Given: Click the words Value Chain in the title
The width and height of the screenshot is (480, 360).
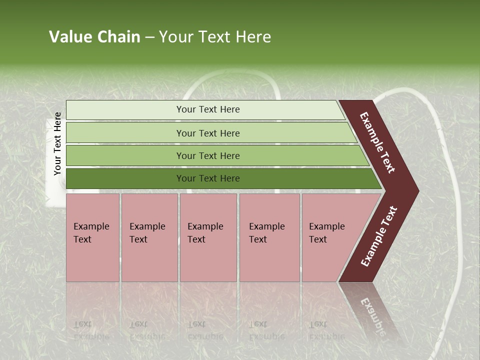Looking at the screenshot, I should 94,37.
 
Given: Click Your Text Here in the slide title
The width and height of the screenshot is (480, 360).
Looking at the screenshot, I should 215,37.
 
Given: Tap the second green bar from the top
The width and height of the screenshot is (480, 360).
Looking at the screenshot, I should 207,133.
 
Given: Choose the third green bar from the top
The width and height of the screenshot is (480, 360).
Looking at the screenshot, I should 207,155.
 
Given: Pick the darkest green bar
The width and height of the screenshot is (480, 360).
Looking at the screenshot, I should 207,178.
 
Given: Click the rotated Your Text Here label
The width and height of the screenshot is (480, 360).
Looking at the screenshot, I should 57,143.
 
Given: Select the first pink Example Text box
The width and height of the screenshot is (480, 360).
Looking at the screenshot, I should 92,237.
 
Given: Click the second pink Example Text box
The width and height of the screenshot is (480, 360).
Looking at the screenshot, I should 149,237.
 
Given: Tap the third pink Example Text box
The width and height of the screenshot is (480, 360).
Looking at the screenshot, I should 208,237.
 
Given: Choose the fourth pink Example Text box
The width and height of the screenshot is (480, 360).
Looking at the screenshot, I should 269,237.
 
